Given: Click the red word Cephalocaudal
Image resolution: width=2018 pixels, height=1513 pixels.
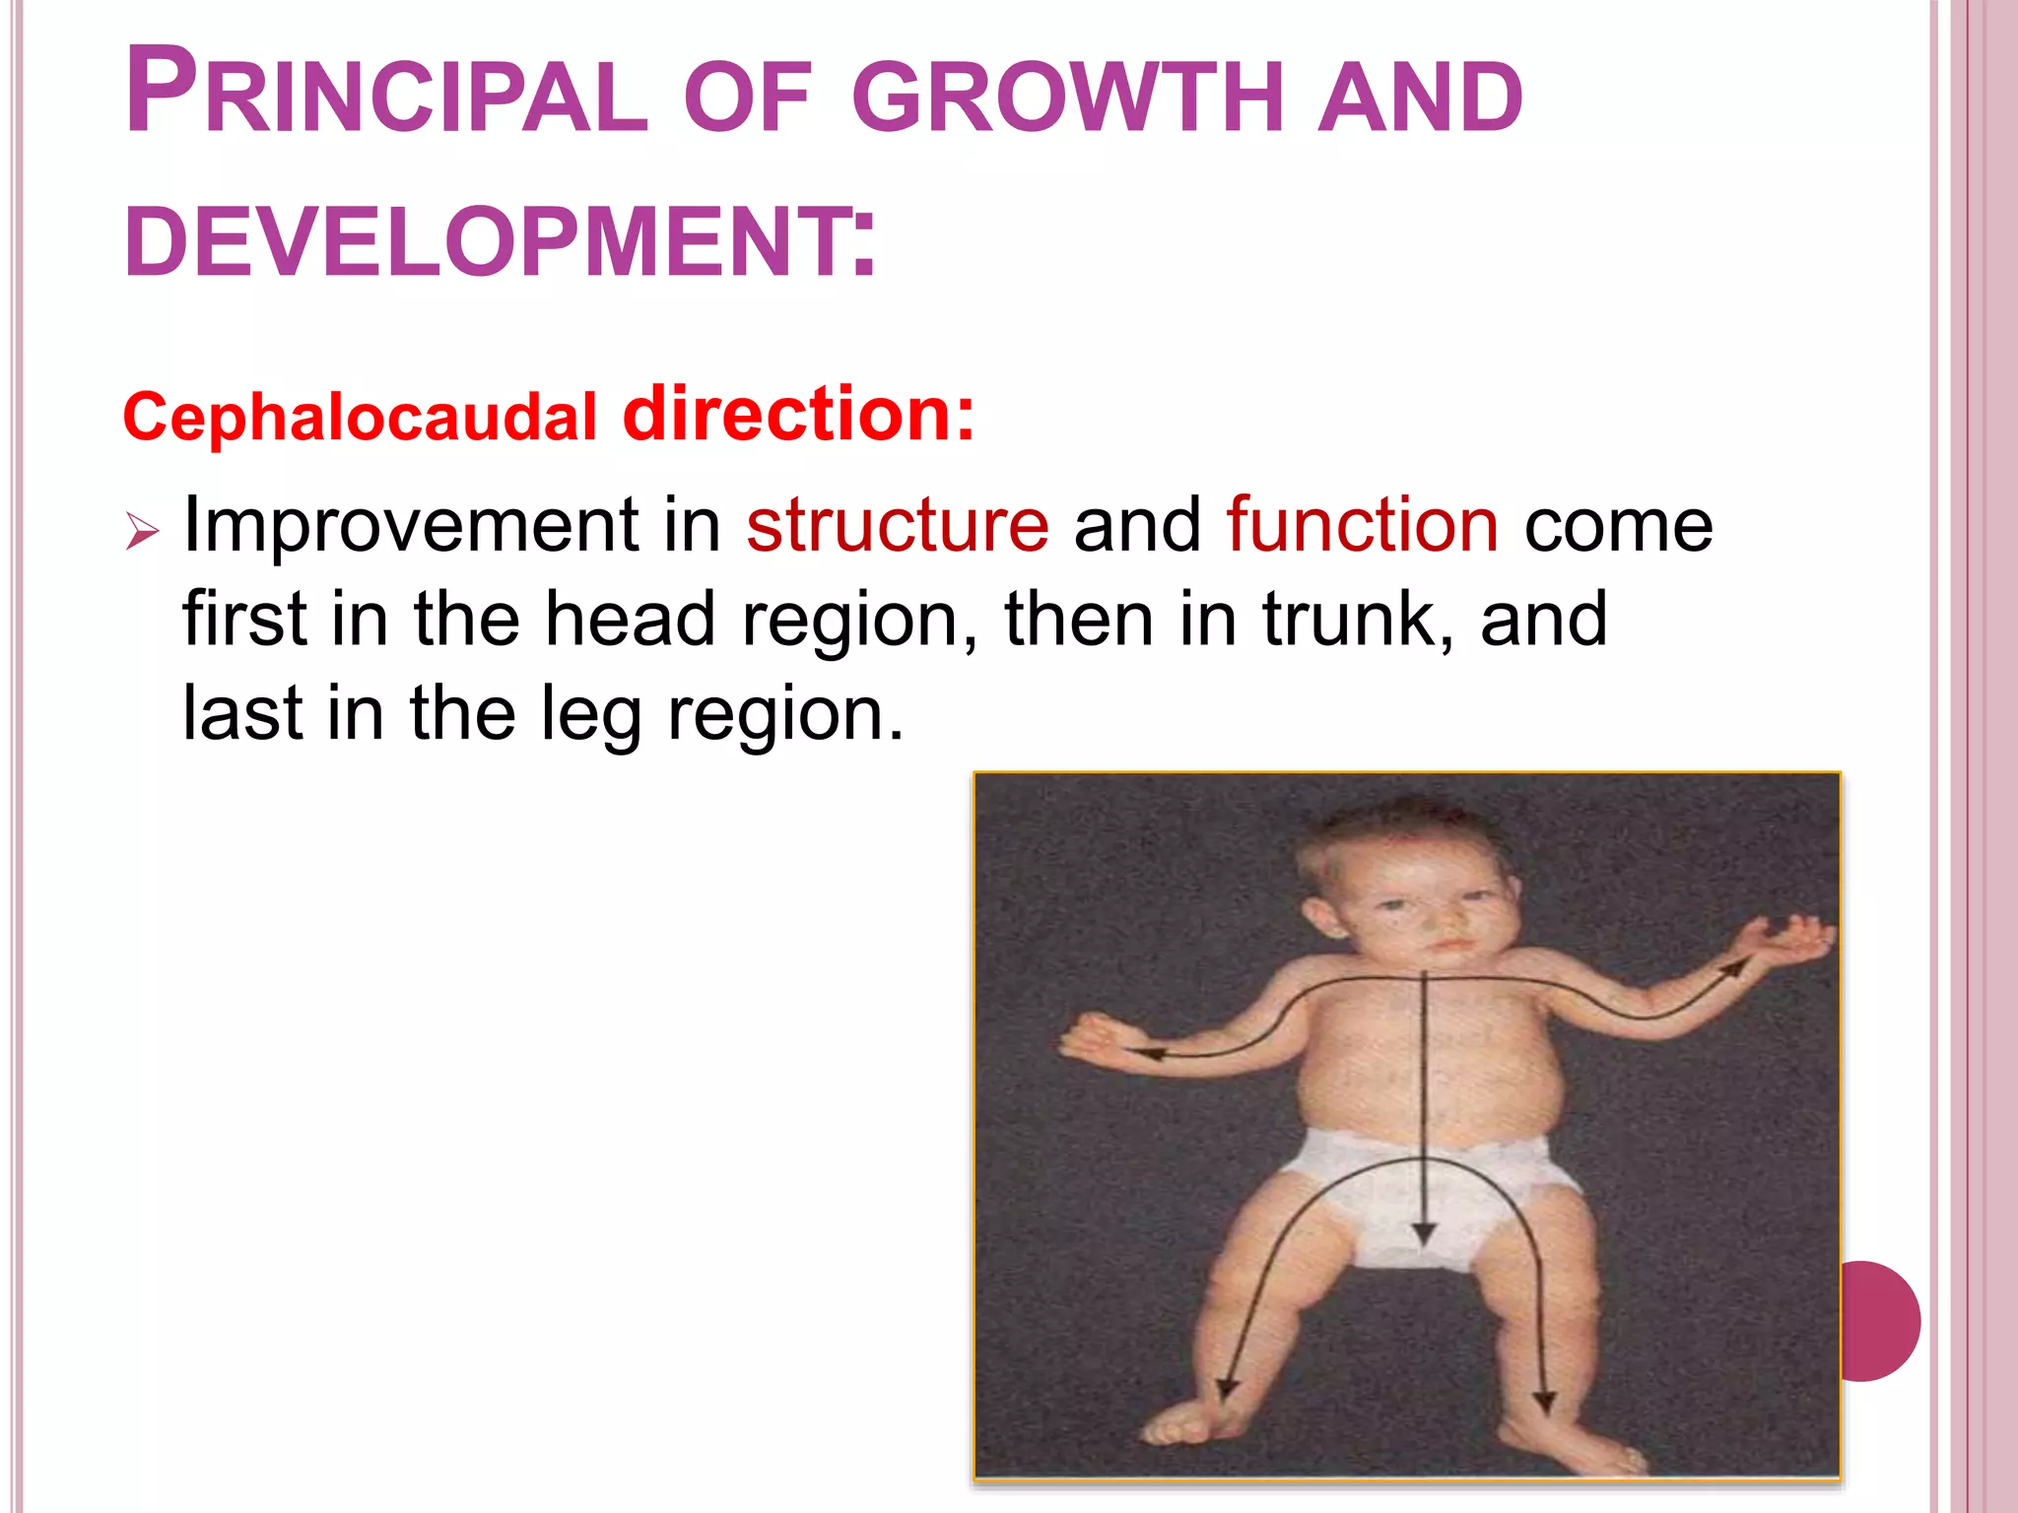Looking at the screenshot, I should [x=360, y=418].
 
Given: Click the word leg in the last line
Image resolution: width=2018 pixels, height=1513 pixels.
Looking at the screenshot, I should [x=591, y=713].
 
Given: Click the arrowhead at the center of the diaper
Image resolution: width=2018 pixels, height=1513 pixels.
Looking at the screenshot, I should [x=1424, y=1233].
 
